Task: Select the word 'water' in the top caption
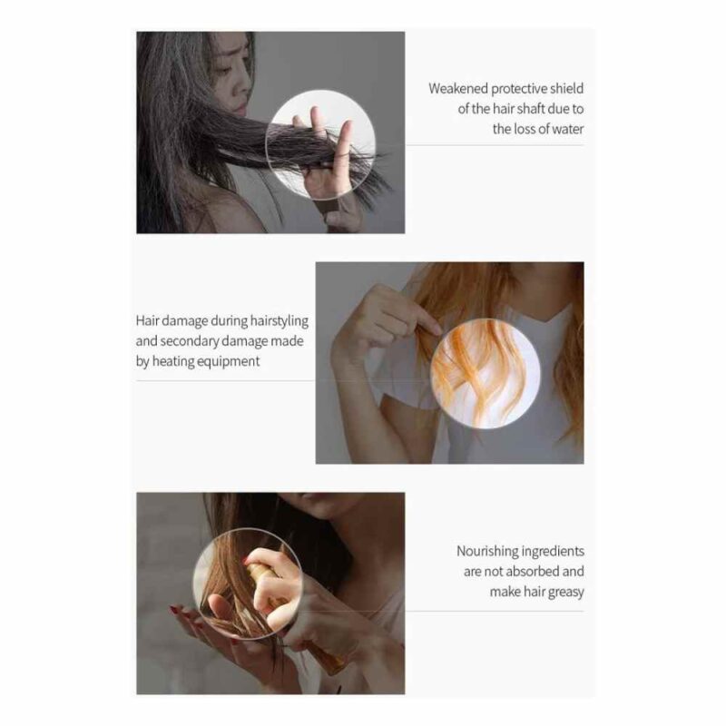point(568,129)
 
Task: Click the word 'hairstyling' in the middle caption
point(280,321)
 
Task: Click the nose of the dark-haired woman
point(240,87)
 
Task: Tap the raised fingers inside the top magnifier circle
point(329,139)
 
